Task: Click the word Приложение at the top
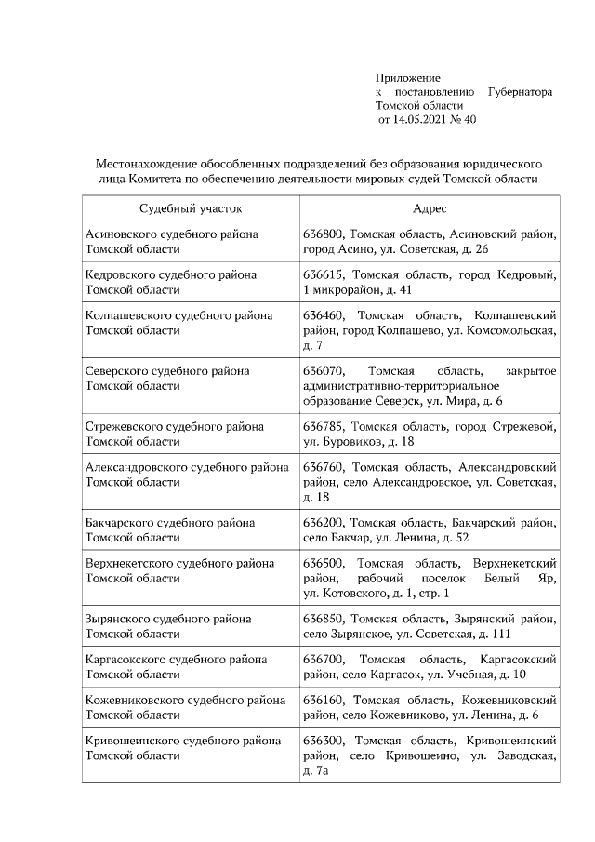[x=407, y=78]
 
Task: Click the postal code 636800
[x=323, y=234]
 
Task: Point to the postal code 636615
[x=323, y=274]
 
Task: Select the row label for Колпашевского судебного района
[x=178, y=315]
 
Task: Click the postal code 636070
[x=323, y=370]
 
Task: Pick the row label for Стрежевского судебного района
[x=174, y=426]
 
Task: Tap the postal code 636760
[x=323, y=466]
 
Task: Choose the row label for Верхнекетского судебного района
[x=179, y=563]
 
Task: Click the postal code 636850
[x=323, y=618]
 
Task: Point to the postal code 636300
[x=323, y=741]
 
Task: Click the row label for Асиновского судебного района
[x=171, y=234]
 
